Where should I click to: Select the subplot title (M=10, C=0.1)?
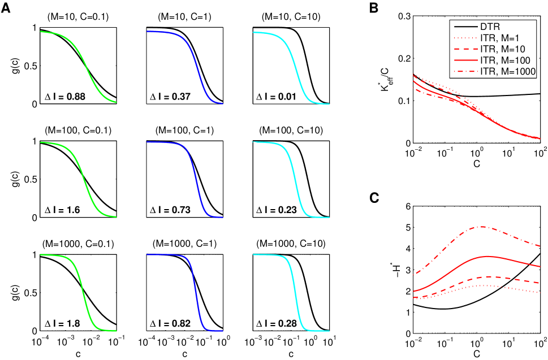(x=77, y=16)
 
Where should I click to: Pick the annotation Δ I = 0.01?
(x=278, y=96)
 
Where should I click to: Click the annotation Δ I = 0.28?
(x=278, y=323)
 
